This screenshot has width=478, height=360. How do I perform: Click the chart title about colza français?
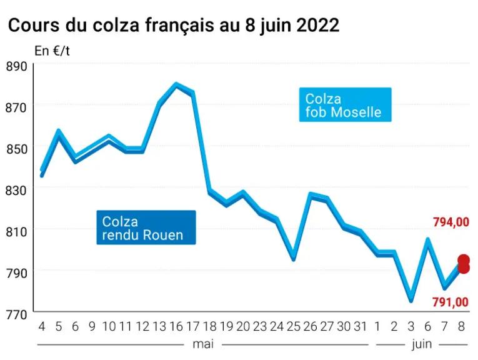pos(174,26)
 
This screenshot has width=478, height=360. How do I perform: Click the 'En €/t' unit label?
pos(52,51)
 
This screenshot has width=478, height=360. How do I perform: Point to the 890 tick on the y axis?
pos(16,66)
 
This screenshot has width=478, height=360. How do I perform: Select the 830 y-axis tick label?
pos(16,191)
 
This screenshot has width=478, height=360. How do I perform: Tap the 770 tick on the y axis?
pos(16,314)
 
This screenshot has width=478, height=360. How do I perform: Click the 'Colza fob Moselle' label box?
pos(345,105)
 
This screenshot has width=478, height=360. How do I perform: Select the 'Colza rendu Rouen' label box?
pos(146,227)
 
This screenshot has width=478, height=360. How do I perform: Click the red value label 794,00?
pos(451,222)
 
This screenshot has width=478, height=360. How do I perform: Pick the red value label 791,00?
pos(451,302)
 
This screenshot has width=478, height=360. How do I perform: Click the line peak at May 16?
pos(176,85)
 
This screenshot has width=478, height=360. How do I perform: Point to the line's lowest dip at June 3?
pos(411,299)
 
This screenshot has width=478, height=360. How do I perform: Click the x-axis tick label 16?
pos(176,327)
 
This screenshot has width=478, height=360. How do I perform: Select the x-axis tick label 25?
pos(294,327)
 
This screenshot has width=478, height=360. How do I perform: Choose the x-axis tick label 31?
pos(361,327)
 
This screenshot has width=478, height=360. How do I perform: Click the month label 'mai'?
pos(203,344)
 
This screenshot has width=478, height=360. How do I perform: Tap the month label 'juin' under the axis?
pos(422,345)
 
